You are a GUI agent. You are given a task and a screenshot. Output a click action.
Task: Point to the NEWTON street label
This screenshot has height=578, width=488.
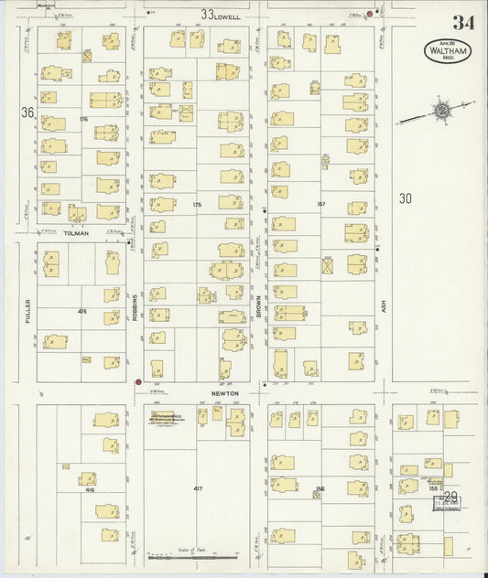(x=225, y=393)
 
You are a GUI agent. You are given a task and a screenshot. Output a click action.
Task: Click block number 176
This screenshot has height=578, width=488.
(x=82, y=119)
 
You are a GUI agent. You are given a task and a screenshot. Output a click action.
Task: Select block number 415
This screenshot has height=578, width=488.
(x=82, y=312)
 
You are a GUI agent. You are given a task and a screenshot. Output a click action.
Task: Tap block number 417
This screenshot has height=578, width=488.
(x=198, y=490)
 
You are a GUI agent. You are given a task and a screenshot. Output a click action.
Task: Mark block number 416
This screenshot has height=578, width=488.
(x=90, y=490)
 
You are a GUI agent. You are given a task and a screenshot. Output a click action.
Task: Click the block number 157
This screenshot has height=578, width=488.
(x=321, y=203)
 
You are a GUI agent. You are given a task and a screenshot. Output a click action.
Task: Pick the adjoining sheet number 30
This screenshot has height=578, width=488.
(x=406, y=197)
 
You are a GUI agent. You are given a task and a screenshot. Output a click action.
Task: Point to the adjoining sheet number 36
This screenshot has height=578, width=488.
(x=27, y=112)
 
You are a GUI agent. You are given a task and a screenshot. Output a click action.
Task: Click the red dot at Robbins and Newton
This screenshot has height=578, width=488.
(x=138, y=382)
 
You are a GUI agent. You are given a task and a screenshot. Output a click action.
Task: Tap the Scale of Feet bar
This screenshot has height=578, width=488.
(x=198, y=555)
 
